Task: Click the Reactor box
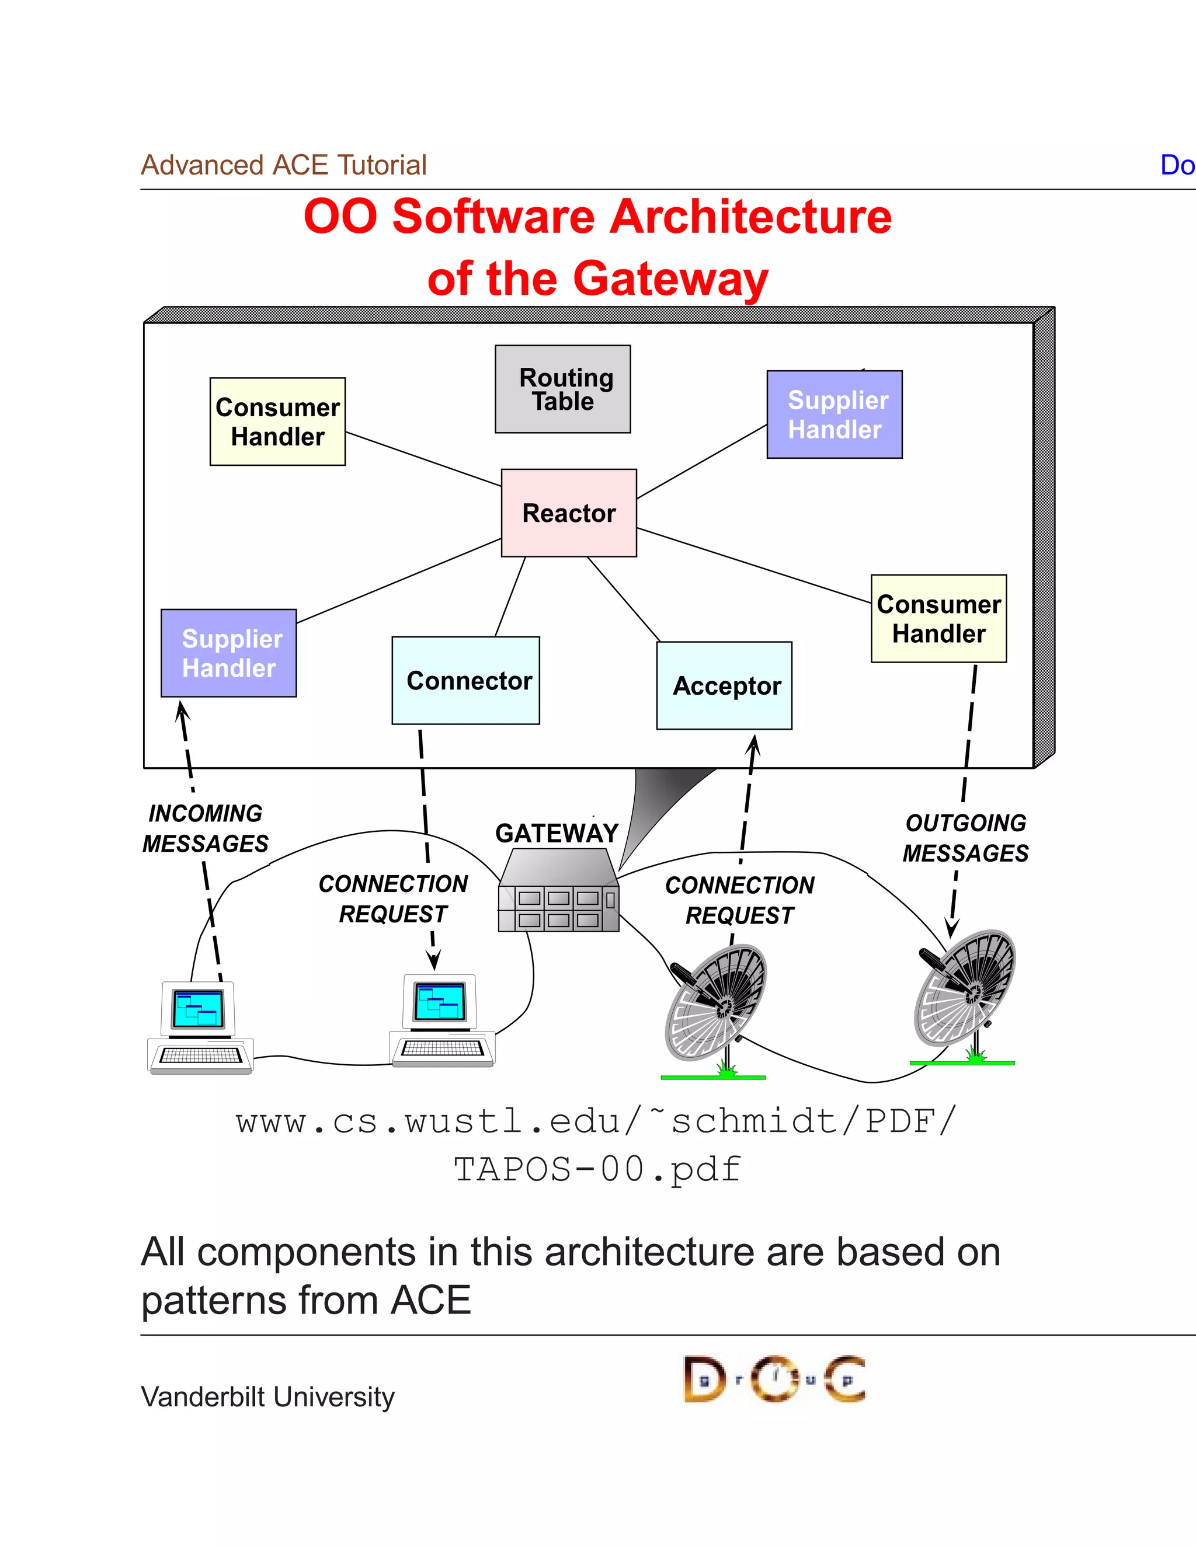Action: pyautogui.click(x=569, y=513)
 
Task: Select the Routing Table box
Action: pyautogui.click(x=562, y=389)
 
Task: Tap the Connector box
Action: pyautogui.click(x=466, y=680)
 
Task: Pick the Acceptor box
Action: pyautogui.click(x=724, y=686)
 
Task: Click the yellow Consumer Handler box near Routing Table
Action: pyautogui.click(x=278, y=421)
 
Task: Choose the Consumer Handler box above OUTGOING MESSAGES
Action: pyautogui.click(x=939, y=618)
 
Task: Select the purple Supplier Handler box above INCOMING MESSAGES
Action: pyautogui.click(x=229, y=653)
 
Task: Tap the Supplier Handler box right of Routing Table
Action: pyautogui.click(x=835, y=414)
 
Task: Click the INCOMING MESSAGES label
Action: pyautogui.click(x=206, y=828)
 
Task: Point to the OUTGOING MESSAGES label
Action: pyautogui.click(x=966, y=838)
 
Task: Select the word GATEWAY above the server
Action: pyautogui.click(x=557, y=833)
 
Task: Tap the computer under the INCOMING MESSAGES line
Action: pyautogui.click(x=200, y=1026)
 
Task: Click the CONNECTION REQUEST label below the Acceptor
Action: pyautogui.click(x=740, y=900)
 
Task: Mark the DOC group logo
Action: pyautogui.click(x=774, y=1379)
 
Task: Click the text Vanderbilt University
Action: pyautogui.click(x=268, y=1397)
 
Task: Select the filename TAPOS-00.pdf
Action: pyautogui.click(x=597, y=1169)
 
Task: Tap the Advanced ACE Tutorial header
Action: pyautogui.click(x=283, y=165)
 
